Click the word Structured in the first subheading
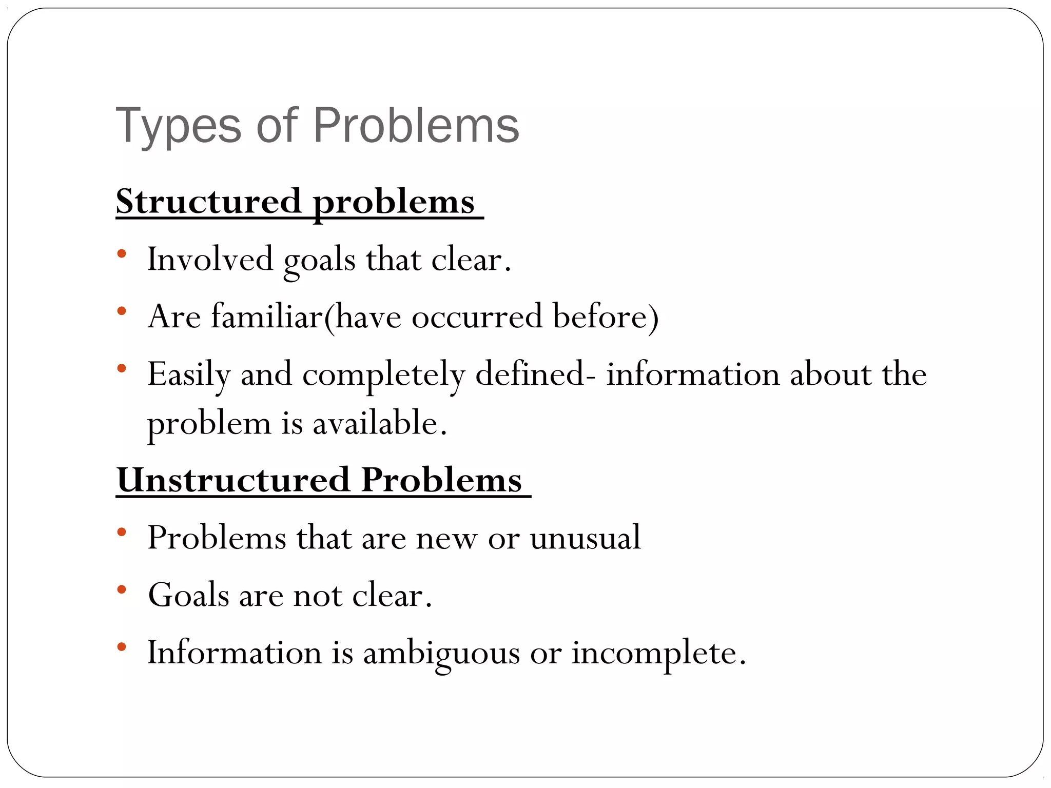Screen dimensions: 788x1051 coord(208,201)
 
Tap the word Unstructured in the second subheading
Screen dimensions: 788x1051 coord(233,480)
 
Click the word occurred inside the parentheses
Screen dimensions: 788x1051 coord(477,316)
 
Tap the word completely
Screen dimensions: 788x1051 coord(383,375)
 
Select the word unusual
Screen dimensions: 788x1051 coord(585,538)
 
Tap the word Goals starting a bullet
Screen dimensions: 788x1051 coord(188,595)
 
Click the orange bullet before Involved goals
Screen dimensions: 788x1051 coord(122,253)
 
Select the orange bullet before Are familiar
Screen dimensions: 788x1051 coord(122,311)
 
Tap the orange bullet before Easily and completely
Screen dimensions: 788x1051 coord(122,368)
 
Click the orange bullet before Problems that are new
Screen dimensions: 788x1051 coord(122,533)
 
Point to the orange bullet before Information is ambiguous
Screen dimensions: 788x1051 coord(122,647)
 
